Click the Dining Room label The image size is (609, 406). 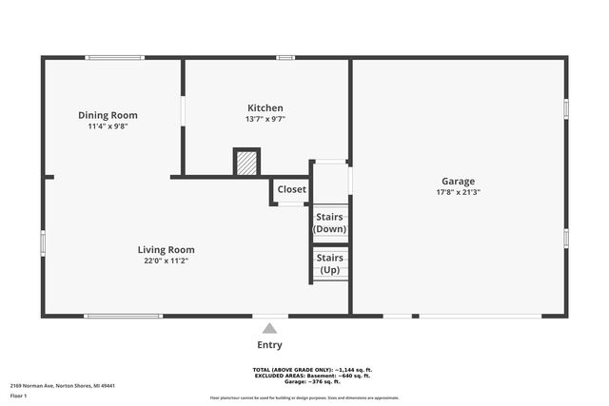114,115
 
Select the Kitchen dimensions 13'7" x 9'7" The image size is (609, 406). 265,119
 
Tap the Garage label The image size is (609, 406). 458,181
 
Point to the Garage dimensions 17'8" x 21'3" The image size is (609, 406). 458,192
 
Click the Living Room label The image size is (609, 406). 167,250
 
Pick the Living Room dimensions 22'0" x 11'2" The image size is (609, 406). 167,261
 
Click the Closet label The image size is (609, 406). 292,189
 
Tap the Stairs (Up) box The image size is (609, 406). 330,263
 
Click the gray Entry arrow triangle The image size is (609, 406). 269,328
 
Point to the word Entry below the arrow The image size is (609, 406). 269,345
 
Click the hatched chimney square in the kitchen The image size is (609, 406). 247,163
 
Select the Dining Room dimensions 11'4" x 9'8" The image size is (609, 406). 114,126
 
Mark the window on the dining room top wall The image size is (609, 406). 114,58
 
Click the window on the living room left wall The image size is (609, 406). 43,243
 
